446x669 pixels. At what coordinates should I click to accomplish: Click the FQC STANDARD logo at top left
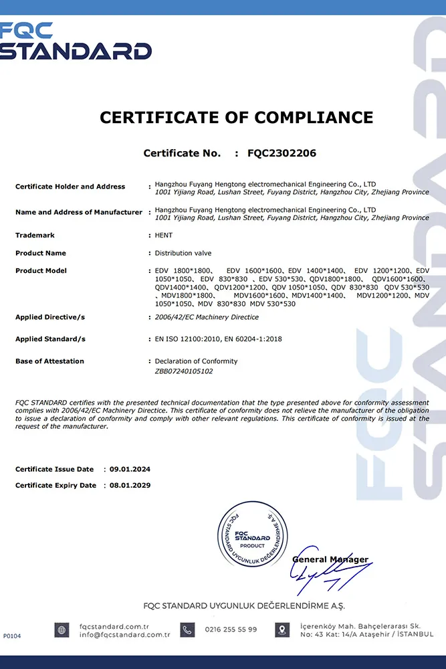click(x=76, y=41)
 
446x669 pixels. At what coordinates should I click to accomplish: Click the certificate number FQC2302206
click(x=282, y=153)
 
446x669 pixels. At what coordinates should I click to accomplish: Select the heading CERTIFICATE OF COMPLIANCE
click(x=237, y=118)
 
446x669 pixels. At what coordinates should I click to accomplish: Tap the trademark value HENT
click(x=164, y=235)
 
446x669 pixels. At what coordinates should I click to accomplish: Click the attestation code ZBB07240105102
click(x=184, y=371)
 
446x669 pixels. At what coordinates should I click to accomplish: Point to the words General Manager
click(x=330, y=559)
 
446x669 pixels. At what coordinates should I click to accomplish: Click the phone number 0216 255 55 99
click(x=231, y=630)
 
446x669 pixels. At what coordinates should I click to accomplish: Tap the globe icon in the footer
click(x=62, y=630)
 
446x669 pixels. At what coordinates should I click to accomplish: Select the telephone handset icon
click(x=188, y=630)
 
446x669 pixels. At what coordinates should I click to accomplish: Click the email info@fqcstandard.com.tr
click(x=124, y=634)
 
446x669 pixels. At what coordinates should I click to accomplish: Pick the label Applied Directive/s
click(x=50, y=317)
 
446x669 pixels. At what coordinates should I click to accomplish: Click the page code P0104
click(x=12, y=636)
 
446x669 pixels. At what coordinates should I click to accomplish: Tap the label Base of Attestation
click(x=49, y=361)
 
